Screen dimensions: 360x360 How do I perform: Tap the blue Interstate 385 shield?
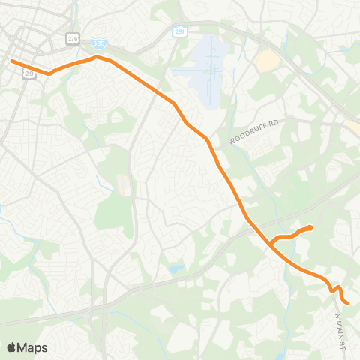(x=99, y=44)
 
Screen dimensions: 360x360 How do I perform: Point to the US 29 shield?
(x=30, y=73)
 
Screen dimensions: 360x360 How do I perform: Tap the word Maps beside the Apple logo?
(x=32, y=347)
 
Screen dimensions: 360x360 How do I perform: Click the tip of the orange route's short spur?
(x=310, y=226)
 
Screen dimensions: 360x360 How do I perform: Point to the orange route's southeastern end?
(x=349, y=303)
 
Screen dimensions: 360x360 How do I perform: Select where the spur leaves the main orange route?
(x=271, y=244)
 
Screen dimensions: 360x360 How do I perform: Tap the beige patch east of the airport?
(x=267, y=61)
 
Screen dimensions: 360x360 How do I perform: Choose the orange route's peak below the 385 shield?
(x=96, y=56)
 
